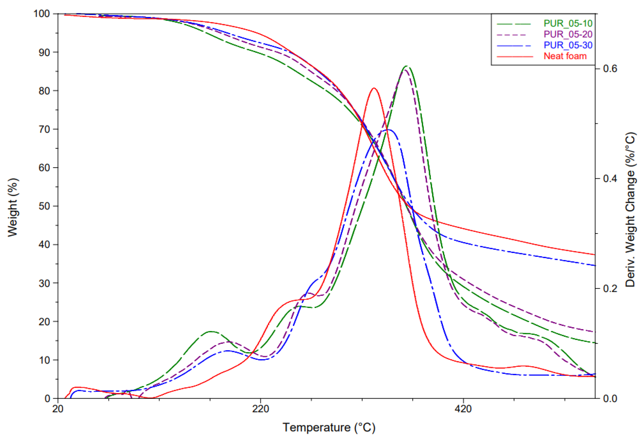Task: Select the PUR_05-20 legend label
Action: point(568,34)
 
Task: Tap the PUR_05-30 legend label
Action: point(568,45)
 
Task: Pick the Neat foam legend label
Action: point(565,56)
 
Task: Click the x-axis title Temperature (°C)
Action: point(329,427)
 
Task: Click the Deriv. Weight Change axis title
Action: point(630,210)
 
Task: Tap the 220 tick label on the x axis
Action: point(260,409)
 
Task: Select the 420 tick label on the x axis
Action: point(463,409)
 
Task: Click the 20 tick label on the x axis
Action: point(58,409)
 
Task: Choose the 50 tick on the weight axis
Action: point(44,206)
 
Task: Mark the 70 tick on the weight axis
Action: point(44,129)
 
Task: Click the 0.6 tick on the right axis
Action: point(610,69)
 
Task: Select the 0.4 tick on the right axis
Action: point(610,179)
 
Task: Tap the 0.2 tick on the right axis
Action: point(610,289)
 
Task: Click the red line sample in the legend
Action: point(515,57)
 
